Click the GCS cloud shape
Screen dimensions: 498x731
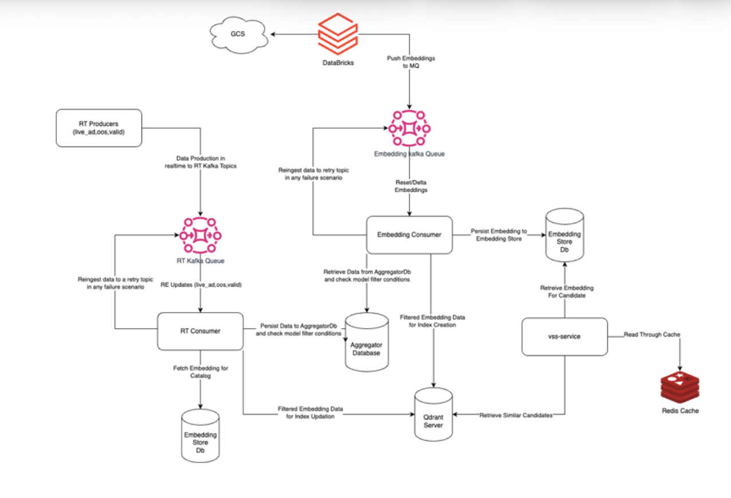[237, 34]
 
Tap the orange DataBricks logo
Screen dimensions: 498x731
[337, 34]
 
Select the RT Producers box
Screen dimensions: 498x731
[99, 128]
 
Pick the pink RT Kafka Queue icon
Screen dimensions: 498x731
[201, 235]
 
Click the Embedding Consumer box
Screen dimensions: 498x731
[409, 235]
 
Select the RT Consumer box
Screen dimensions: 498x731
[200, 331]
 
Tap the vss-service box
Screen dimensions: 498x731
[564, 337]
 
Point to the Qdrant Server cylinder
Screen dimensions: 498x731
[434, 414]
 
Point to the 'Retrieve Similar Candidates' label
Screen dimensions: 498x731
[516, 414]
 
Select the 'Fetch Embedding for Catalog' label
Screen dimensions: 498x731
[201, 372]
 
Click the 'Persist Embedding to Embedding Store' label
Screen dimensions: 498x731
[496, 235]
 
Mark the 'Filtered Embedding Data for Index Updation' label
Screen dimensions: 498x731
[310, 413]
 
